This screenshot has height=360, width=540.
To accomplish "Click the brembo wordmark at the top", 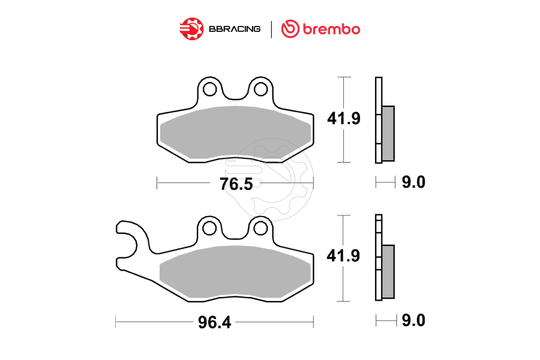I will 330,28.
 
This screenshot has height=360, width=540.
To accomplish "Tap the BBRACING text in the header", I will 235,29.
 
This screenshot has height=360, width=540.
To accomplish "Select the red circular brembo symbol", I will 290,28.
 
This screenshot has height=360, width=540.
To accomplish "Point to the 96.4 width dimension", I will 214,322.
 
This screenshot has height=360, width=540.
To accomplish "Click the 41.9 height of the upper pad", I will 343,119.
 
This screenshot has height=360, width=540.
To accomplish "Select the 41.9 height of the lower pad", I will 343,257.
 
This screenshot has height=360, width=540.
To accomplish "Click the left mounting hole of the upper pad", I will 209,89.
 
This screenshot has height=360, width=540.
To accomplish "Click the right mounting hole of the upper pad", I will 260,89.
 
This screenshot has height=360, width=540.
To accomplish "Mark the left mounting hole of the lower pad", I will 209,227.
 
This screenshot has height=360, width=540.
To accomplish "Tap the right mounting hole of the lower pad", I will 260,227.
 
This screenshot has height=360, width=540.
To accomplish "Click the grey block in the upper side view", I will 388,133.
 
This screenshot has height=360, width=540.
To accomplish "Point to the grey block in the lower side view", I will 388,271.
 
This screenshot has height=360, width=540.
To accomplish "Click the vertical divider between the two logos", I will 272,29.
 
